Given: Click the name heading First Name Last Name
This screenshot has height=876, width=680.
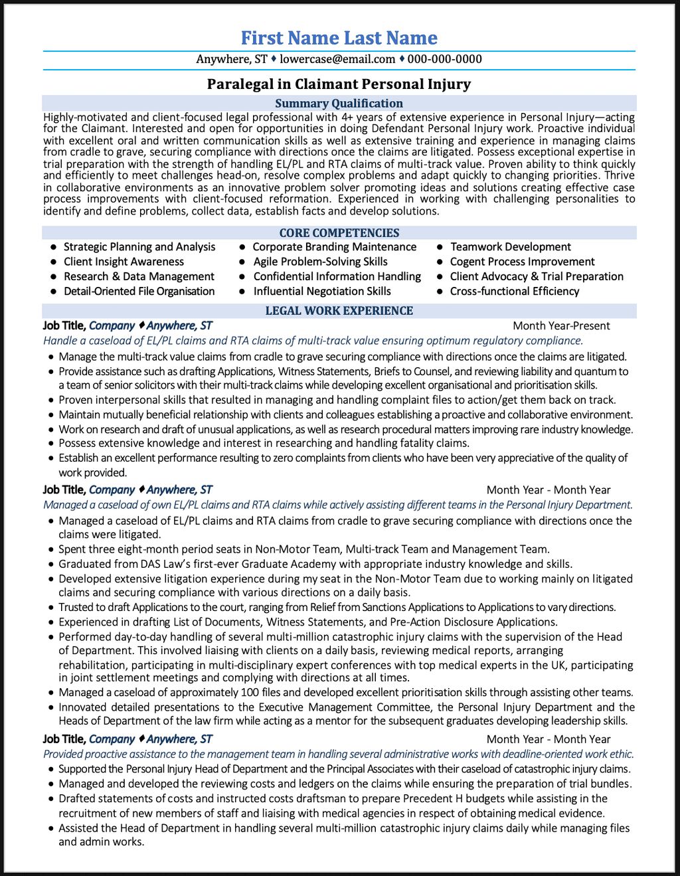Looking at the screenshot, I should [339, 38].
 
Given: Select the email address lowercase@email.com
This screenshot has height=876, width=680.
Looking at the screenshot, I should [337, 59].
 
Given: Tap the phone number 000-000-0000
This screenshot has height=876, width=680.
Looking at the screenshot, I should [444, 59].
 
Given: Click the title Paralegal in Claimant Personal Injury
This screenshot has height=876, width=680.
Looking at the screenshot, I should [339, 84].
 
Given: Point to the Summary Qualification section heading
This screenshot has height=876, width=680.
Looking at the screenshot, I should [339, 104].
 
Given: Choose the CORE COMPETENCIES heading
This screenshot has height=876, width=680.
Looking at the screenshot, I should [339, 233].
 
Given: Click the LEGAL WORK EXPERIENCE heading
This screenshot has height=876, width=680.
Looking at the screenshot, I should [339, 311].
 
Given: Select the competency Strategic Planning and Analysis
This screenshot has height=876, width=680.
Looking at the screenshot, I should [139, 247].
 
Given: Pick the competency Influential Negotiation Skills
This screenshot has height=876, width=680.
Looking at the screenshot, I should [322, 292].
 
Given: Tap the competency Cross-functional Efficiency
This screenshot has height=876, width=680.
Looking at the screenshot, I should [515, 292].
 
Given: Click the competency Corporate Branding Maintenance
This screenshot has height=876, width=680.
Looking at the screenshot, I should [335, 247].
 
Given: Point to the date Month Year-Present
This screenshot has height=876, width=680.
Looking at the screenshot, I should [561, 326].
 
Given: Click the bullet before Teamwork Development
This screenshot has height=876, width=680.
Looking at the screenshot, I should [440, 247].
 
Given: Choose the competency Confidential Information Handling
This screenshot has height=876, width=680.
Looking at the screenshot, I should [337, 277].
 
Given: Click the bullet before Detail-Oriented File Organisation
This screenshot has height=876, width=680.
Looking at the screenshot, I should [53, 292].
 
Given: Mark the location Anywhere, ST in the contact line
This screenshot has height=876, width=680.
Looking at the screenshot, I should [232, 59].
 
